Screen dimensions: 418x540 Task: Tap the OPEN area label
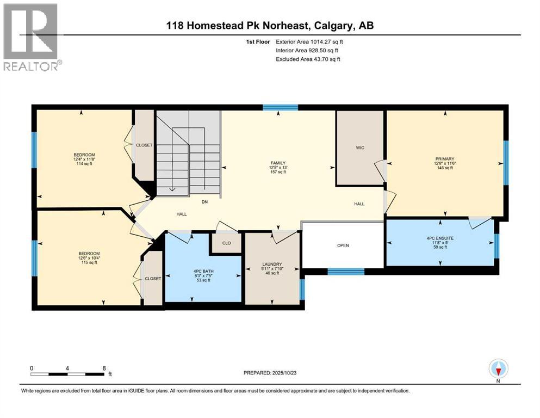pos(343,245)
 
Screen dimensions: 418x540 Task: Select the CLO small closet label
pos(227,243)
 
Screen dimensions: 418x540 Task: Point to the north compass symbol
pos(499,369)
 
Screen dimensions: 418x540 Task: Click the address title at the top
pos(270,26)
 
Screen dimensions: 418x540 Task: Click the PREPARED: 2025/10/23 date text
pos(276,373)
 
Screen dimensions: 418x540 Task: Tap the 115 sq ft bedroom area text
pos(89,262)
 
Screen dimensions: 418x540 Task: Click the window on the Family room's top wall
pos(280,107)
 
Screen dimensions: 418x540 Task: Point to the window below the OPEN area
pos(346,271)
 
